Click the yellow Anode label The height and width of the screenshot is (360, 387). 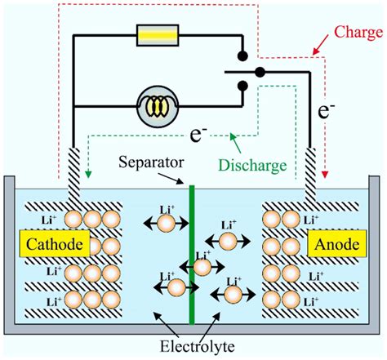pos(332,243)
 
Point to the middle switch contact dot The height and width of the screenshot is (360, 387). pos(260,71)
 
